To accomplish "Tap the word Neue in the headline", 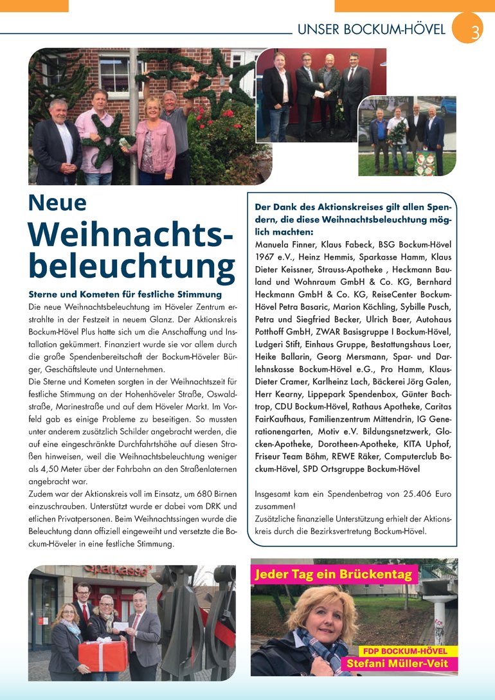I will click(x=57, y=202).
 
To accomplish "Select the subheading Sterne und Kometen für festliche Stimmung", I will click(x=125, y=294).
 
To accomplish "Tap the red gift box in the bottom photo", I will click(x=102, y=654).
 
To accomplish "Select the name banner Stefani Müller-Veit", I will click(x=397, y=663).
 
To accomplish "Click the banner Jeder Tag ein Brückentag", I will click(x=332, y=574).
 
